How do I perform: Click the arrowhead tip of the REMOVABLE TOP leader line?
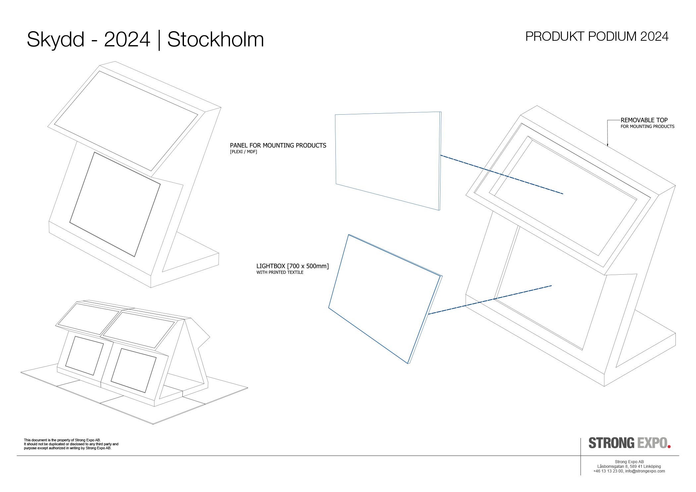tap(608, 146)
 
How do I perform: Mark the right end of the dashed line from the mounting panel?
tap(563, 193)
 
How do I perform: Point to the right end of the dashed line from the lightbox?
tap(552, 286)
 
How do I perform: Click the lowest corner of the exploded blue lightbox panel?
tap(408, 363)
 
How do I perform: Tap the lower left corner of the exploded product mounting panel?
tap(336, 184)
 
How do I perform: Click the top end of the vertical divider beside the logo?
tap(581, 438)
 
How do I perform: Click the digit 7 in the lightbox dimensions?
tap(292, 266)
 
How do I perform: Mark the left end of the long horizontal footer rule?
tap(17, 456)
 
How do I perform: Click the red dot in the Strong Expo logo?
tap(669, 447)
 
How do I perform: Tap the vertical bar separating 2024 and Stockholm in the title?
tap(159, 40)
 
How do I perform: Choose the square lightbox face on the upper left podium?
tap(115, 204)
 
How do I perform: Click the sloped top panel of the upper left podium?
tap(126, 121)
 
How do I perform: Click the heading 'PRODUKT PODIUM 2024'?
tap(597, 36)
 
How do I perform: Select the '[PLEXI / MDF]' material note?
tap(244, 152)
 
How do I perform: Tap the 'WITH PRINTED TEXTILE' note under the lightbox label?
tap(280, 272)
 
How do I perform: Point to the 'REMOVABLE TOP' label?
tap(644, 120)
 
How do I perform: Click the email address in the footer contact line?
tap(645, 471)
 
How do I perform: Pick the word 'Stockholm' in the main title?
tap(215, 39)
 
